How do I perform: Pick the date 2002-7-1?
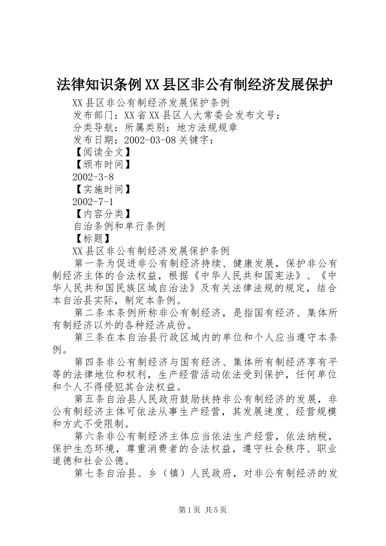(93, 201)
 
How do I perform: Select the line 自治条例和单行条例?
(119, 226)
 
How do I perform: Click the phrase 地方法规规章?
(207, 128)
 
